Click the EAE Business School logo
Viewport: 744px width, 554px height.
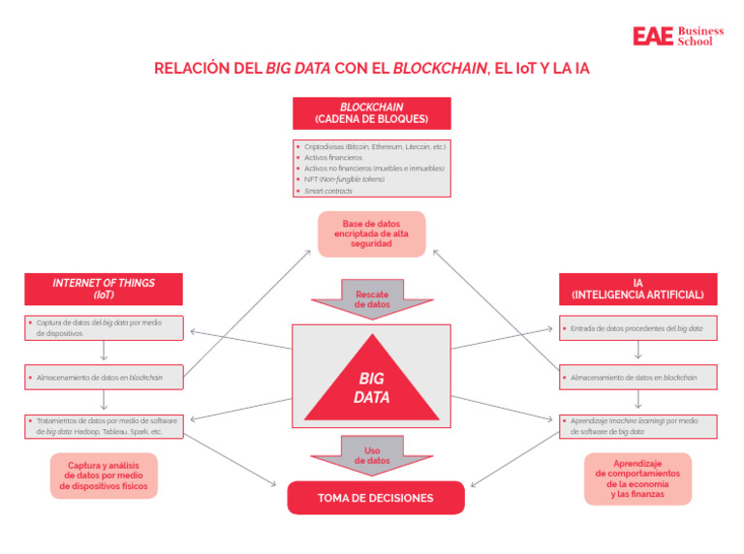click(x=677, y=36)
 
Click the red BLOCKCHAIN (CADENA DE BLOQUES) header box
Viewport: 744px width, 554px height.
click(x=371, y=113)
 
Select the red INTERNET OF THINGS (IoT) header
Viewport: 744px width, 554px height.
click(x=104, y=289)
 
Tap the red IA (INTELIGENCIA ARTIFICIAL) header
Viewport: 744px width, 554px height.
click(x=637, y=289)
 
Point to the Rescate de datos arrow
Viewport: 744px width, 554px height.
click(x=372, y=298)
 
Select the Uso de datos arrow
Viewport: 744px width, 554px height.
click(x=372, y=455)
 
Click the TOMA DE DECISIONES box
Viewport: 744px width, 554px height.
click(x=375, y=498)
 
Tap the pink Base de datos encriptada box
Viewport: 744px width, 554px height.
click(x=372, y=233)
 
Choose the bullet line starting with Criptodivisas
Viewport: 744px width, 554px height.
click(x=374, y=146)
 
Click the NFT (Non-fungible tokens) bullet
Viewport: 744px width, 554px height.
click(x=344, y=179)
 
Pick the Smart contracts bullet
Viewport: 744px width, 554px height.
click(x=328, y=191)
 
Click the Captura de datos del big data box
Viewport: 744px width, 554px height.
click(x=104, y=327)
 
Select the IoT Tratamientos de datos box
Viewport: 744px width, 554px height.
click(x=104, y=426)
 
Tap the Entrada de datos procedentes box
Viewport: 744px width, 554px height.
click(x=637, y=328)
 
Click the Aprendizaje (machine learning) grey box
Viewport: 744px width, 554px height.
click(x=637, y=426)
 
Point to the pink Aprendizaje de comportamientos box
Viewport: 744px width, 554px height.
click(x=637, y=478)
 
